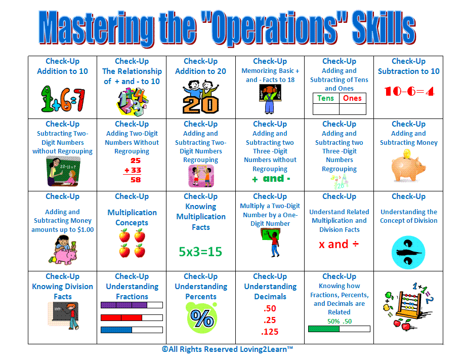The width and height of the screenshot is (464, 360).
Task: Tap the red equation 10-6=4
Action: click(x=409, y=91)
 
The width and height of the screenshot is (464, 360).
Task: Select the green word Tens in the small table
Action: click(x=325, y=98)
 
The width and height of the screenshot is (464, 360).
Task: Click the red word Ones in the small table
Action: click(x=352, y=98)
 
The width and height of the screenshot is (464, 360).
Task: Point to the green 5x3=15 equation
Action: click(x=200, y=252)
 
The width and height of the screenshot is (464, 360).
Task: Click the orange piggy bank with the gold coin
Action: click(x=408, y=166)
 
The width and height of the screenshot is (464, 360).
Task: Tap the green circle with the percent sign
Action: click(x=202, y=317)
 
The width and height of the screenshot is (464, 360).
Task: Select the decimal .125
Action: click(x=270, y=332)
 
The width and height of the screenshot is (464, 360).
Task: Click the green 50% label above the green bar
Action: click(x=333, y=321)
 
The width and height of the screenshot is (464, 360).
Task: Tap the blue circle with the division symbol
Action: click(x=408, y=253)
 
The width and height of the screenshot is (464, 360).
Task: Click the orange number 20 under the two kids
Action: click(x=201, y=105)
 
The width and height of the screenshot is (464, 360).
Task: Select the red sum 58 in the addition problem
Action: click(x=136, y=180)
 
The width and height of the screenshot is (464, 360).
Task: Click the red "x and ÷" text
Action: click(x=339, y=244)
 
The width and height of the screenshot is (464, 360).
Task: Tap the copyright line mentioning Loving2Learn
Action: click(x=227, y=349)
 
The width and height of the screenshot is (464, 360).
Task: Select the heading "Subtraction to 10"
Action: click(x=409, y=71)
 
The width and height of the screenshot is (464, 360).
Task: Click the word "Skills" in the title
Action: click(x=384, y=28)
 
